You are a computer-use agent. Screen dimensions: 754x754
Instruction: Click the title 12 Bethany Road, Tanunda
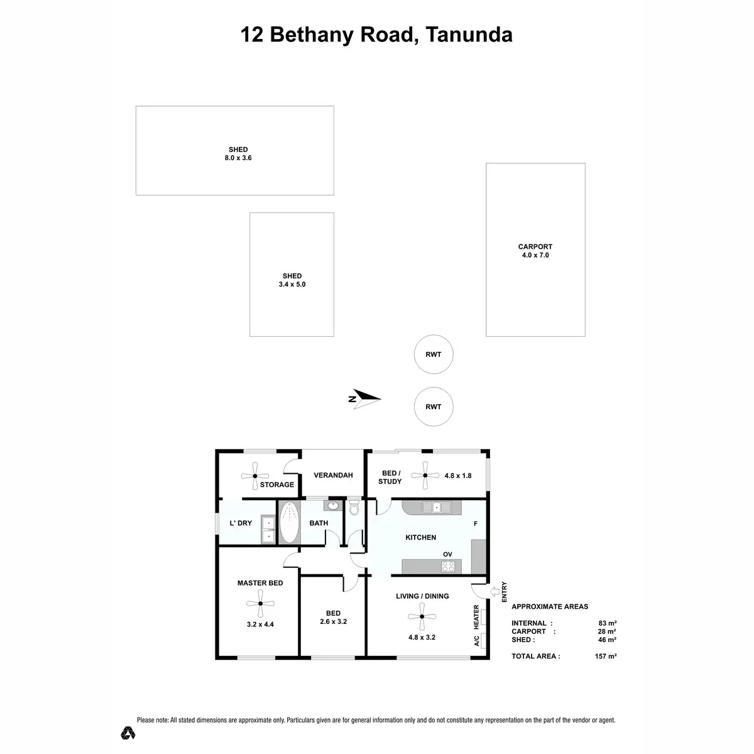[376, 35]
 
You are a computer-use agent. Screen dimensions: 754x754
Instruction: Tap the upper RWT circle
[434, 354]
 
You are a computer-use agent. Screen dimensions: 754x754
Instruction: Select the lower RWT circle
[434, 407]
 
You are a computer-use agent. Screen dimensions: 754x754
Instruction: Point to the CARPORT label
[535, 247]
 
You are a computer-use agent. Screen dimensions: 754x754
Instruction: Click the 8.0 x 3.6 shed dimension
[238, 158]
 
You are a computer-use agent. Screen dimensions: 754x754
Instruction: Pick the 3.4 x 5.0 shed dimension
[292, 285]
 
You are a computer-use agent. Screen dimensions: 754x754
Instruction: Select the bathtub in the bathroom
[289, 522]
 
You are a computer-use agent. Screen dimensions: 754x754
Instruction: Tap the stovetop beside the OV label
[449, 566]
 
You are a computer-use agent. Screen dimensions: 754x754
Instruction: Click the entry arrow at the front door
[494, 591]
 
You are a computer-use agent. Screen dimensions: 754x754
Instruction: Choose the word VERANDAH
[333, 476]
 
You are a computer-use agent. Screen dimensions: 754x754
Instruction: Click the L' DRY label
[241, 523]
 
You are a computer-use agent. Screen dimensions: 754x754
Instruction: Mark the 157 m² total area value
[606, 656]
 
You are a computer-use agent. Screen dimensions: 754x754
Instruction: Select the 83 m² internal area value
[607, 623]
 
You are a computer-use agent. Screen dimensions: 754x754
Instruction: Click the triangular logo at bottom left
[128, 733]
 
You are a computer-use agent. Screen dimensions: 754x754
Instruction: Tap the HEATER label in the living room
[476, 617]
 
